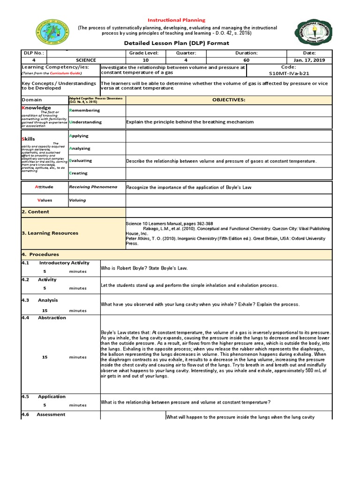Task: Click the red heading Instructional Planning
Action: click(177, 20)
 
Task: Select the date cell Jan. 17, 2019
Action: click(309, 60)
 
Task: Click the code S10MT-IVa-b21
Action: click(289, 74)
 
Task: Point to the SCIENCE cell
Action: click(86, 60)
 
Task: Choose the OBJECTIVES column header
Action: click(228, 100)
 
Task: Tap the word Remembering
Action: click(84, 111)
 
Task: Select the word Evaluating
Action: click(81, 161)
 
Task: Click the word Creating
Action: click(78, 173)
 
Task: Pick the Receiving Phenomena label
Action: click(93, 187)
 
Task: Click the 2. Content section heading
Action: click(36, 212)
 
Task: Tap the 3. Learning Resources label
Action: click(50, 233)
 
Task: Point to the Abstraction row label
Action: click(52, 318)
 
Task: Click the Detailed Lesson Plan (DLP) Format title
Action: click(176, 43)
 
